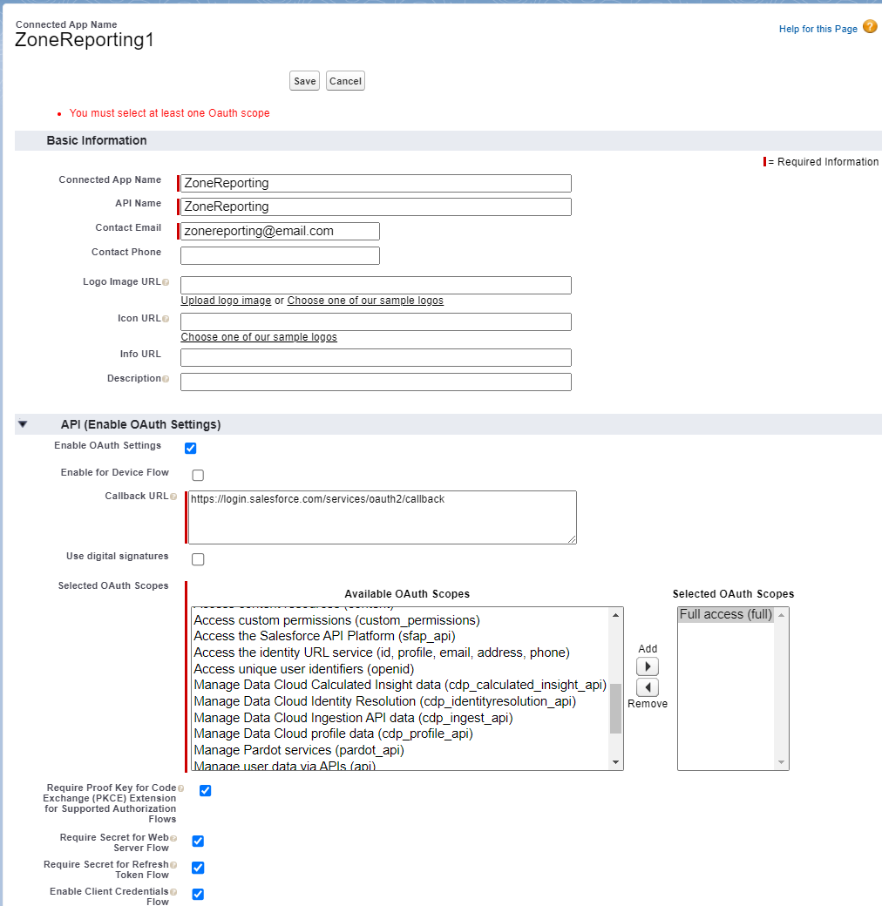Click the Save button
304,81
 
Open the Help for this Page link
818,29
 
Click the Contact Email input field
280,231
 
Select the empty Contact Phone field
280,255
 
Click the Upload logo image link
226,301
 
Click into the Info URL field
376,357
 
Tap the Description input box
376,382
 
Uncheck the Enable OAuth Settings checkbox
191,449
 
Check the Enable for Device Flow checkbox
198,476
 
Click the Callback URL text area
382,517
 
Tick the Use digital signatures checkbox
198,559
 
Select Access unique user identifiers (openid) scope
303,669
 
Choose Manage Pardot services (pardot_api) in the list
298,750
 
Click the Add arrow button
648,666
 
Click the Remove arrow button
648,687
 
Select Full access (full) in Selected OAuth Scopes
725,614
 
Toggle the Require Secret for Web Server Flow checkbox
198,842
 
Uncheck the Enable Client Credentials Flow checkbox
198,895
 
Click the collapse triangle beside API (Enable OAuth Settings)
24,424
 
